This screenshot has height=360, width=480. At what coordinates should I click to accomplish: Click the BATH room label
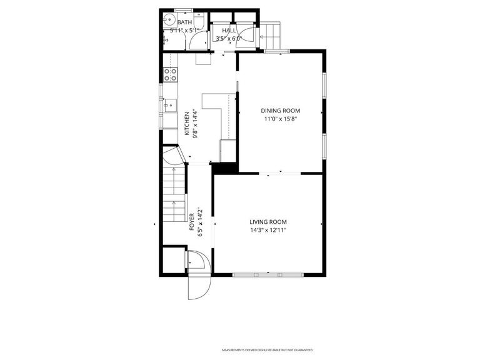(184, 22)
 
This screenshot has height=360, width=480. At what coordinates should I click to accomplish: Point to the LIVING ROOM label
(268, 222)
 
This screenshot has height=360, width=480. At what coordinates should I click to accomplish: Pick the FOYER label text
(192, 222)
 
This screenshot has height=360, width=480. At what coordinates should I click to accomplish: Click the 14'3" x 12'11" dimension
(268, 230)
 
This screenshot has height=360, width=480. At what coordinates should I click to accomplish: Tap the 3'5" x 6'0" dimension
(228, 39)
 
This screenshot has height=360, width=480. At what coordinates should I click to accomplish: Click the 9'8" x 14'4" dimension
(195, 124)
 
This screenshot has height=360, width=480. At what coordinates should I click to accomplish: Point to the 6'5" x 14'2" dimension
(200, 222)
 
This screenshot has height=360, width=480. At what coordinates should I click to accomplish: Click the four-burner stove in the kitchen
(169, 75)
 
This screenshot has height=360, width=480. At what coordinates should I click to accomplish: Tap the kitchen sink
(169, 106)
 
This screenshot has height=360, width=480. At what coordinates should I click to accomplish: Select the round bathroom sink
(169, 22)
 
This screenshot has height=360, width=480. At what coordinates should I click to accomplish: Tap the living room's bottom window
(268, 274)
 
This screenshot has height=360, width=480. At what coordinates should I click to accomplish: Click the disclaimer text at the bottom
(267, 350)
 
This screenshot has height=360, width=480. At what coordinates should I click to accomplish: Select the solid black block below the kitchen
(224, 167)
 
